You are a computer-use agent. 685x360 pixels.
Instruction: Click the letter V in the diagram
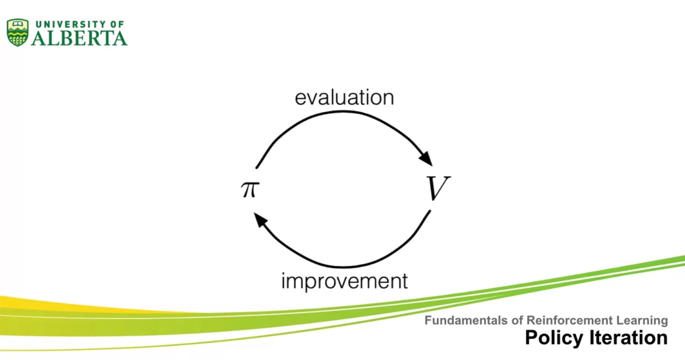(437, 189)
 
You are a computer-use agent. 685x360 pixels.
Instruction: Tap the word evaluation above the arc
(344, 97)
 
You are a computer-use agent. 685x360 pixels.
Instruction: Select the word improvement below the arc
(344, 281)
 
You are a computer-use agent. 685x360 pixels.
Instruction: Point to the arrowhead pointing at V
(427, 159)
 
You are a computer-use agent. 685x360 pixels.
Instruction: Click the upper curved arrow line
(342, 112)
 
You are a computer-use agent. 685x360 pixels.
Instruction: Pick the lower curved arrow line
(342, 266)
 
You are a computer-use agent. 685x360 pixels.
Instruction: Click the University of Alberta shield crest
(18, 32)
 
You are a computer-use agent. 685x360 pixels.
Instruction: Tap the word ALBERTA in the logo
(79, 38)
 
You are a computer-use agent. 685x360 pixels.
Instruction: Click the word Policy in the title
(553, 338)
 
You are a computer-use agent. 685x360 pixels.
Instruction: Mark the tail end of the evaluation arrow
(257, 167)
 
